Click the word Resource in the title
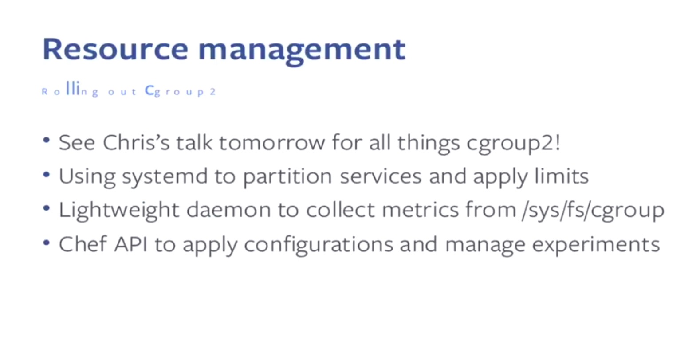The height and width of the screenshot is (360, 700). pyautogui.click(x=115, y=49)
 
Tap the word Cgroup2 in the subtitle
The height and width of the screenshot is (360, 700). pyautogui.click(x=181, y=91)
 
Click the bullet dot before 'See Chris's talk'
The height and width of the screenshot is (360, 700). pyautogui.click(x=47, y=140)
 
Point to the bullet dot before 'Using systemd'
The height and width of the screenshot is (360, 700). pyautogui.click(x=47, y=174)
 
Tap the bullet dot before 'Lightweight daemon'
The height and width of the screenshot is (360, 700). pyautogui.click(x=47, y=208)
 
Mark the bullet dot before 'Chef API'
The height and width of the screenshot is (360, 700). pyautogui.click(x=47, y=242)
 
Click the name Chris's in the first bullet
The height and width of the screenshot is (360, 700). pyautogui.click(x=136, y=142)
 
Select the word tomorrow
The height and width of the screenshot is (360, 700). pyautogui.click(x=272, y=143)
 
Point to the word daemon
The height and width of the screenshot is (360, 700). pyautogui.click(x=229, y=210)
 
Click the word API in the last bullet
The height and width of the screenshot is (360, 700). pyautogui.click(x=130, y=244)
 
